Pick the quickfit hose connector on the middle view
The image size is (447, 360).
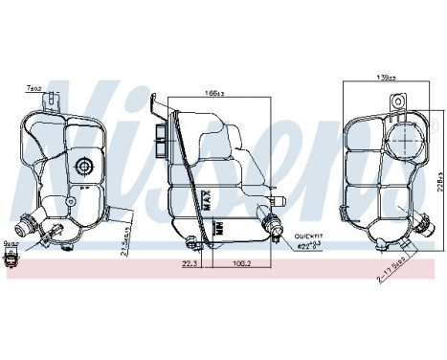[x=272, y=227]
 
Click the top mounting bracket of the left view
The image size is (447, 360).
[x=57, y=100]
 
